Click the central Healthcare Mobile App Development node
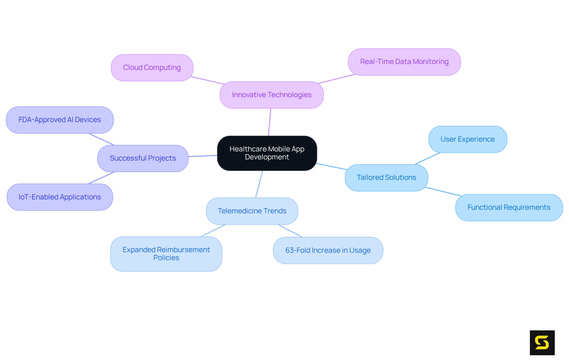coord(267,153)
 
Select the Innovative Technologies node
coord(271,95)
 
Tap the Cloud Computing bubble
coord(152,68)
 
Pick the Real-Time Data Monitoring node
coord(404,62)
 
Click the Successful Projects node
coord(143,158)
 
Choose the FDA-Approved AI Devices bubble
coord(60,120)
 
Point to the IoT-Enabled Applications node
coord(60,197)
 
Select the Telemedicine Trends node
coord(252,211)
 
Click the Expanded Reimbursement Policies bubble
coord(166,254)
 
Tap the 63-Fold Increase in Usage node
coord(328,250)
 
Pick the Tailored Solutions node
coord(386,177)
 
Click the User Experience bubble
coord(467,139)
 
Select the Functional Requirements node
coord(509,207)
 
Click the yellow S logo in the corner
coord(542,343)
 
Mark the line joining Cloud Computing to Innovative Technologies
coord(207,80)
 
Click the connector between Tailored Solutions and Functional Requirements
coord(443,191)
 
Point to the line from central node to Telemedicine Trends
coord(259,184)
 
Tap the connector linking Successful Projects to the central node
coord(203,156)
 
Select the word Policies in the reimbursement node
coord(166,258)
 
